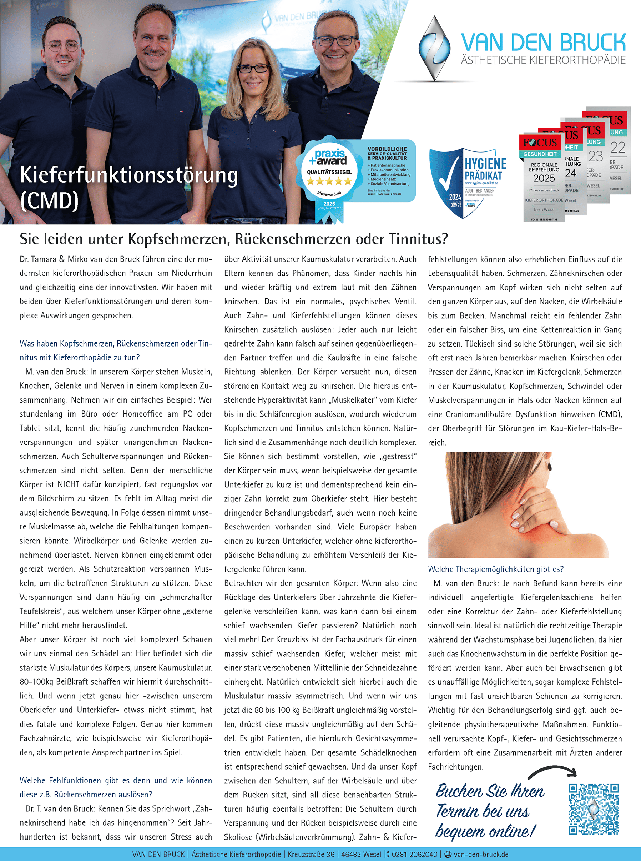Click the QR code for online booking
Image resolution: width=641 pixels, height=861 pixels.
click(x=593, y=809)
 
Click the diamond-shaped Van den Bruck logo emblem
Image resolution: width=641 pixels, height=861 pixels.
click(x=435, y=48)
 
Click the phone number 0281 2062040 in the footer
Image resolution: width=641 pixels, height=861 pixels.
click(x=414, y=855)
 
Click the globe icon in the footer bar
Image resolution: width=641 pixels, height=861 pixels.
click(x=448, y=855)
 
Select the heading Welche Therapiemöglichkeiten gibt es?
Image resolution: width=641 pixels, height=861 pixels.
click(x=495, y=569)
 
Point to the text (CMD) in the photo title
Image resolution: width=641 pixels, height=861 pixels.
click(x=49, y=200)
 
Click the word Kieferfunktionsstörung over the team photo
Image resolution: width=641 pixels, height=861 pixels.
click(x=128, y=175)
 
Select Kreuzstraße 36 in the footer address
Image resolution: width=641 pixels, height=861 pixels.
click(x=311, y=855)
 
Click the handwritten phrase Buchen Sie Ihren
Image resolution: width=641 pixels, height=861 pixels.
click(x=490, y=791)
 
